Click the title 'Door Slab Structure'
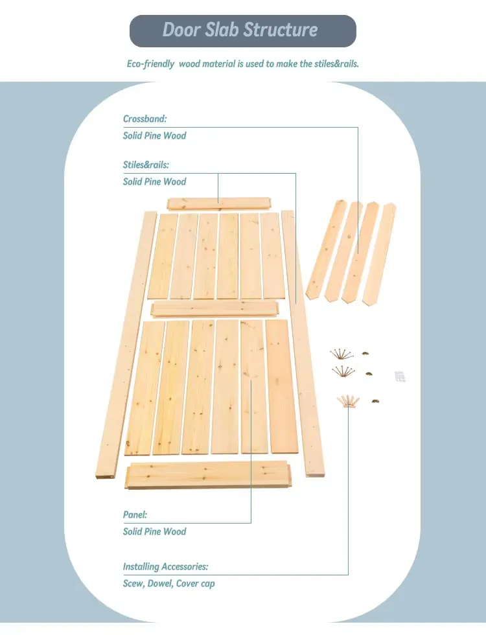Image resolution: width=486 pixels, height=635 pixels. pos(240,30)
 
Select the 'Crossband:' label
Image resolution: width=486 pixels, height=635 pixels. pos(145,119)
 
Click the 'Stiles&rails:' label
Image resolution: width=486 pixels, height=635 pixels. pos(146,165)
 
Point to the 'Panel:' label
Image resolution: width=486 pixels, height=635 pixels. pos(135,515)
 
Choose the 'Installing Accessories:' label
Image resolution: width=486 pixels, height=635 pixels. pos(165,567)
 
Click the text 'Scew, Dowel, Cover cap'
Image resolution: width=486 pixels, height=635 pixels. pos(168,584)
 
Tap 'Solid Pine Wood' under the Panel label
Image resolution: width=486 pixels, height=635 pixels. pos(154,532)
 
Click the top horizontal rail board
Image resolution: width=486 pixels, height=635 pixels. pos(218,203)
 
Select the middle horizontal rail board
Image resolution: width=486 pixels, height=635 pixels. pos(215,308)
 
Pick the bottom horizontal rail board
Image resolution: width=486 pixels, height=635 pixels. pos(207,475)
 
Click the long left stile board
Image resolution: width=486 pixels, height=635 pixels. pos(126,343)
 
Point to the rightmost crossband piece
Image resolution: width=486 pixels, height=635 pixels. pos(379,254)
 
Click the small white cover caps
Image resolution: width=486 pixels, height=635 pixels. pos(400,375)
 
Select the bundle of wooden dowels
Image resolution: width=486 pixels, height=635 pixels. pos(348,401)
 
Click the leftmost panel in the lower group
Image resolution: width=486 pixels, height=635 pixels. pos(144,387)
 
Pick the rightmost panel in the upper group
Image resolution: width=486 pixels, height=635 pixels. pos(273,255)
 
